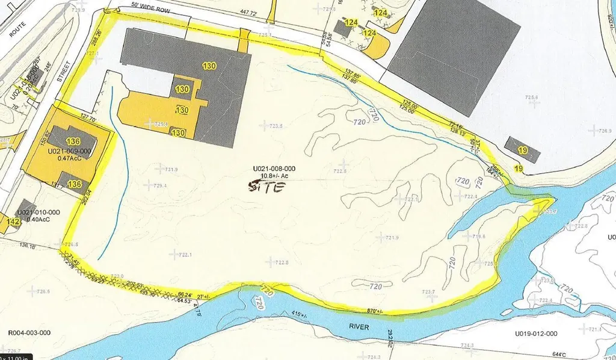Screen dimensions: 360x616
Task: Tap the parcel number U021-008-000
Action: click(274, 169)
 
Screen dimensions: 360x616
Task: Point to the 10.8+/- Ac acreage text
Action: click(274, 176)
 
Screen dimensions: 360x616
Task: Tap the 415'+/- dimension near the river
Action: click(298, 315)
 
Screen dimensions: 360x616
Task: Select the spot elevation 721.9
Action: click(392, 238)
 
